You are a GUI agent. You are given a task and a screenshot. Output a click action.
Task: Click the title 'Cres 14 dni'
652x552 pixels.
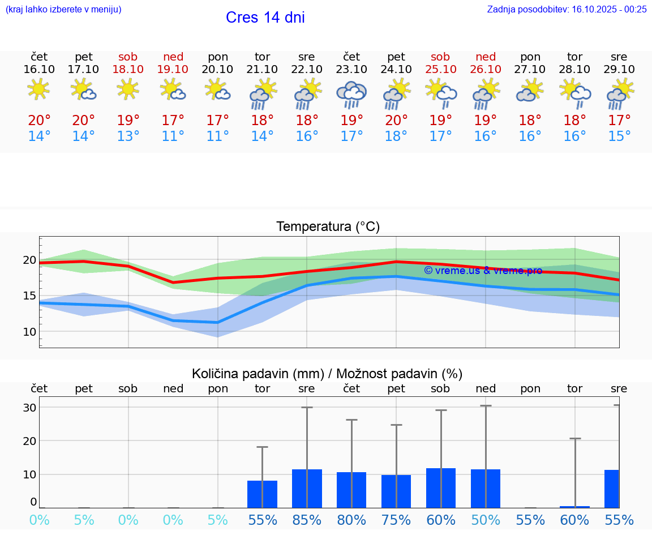[x=265, y=18]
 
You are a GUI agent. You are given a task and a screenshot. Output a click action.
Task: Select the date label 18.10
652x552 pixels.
[x=128, y=69]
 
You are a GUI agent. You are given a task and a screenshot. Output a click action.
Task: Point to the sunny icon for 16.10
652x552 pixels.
[x=38, y=89]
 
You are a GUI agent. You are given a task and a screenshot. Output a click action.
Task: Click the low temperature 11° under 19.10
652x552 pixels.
[x=173, y=136]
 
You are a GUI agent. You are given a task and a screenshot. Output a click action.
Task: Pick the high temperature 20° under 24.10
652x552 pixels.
[x=396, y=121]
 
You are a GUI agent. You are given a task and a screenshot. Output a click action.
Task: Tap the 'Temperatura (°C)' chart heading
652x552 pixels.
[x=328, y=226]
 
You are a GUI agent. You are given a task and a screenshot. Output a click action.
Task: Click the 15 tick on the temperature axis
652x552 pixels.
[x=29, y=296]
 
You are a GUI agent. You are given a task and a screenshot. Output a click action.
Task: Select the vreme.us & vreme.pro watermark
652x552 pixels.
[x=483, y=271]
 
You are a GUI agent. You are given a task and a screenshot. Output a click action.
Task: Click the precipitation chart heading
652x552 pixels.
[x=327, y=374]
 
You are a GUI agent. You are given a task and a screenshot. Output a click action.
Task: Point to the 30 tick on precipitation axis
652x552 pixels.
[x=29, y=408]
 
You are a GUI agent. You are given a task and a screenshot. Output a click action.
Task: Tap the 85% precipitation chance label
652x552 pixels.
[x=307, y=520]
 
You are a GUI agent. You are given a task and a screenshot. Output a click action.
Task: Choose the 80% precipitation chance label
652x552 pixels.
[x=351, y=520]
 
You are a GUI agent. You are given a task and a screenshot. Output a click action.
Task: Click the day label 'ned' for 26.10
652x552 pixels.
[x=486, y=57]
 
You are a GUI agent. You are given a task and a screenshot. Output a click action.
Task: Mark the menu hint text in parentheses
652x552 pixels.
[x=63, y=9]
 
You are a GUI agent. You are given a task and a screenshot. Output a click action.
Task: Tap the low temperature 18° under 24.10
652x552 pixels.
[x=396, y=136]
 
